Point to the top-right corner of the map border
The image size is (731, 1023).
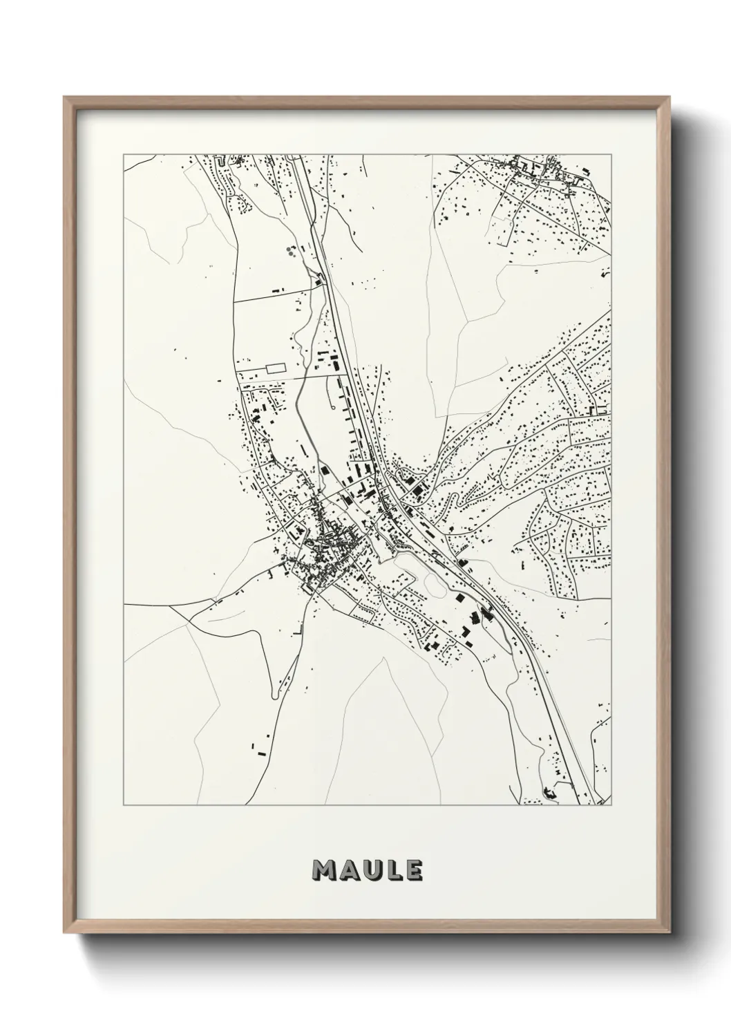pyautogui.click(x=611, y=155)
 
